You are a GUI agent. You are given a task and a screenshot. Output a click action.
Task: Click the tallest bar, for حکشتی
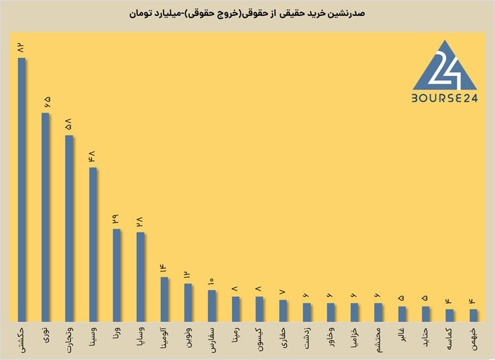pos(22,189)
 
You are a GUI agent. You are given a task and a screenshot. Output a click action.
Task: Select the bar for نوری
pos(45,217)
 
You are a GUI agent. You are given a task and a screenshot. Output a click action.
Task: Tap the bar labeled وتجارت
pos(69,228)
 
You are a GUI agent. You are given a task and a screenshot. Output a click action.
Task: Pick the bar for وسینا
pos(93,245)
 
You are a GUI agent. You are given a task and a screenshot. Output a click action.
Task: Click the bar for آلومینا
pos(164,299)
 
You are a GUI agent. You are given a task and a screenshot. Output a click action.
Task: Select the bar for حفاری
pos(283,311)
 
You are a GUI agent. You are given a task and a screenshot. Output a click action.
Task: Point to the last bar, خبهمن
pos(473,315)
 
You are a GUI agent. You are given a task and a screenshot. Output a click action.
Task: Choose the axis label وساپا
pos(141,337)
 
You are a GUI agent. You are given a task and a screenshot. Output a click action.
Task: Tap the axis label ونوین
pos(188,337)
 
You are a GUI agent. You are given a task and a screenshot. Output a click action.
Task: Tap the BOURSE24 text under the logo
pos(445,99)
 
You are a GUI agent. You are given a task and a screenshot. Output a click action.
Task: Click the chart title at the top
pos(247,13)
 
